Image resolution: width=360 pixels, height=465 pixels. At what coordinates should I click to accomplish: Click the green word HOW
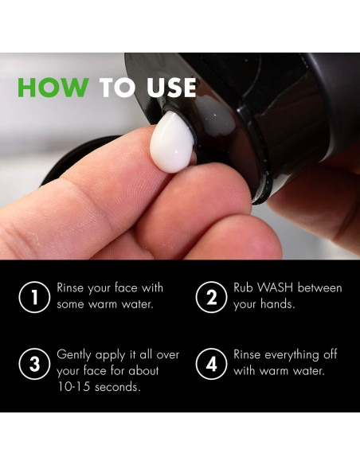tap(53, 88)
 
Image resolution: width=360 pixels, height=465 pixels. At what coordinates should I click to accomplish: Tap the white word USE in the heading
tap(171, 88)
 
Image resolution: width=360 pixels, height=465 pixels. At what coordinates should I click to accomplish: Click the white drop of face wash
tap(172, 142)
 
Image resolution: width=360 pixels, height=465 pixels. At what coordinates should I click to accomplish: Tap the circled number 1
tap(34, 297)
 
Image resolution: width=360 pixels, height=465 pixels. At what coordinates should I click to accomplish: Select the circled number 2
tap(211, 297)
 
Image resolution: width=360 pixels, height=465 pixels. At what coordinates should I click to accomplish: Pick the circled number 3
tap(34, 364)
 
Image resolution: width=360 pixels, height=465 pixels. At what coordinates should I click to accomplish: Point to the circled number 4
tap(211, 364)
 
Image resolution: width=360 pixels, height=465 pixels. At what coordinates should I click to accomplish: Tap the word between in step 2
tap(319, 287)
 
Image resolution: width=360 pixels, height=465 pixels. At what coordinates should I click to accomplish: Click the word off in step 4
tap(330, 354)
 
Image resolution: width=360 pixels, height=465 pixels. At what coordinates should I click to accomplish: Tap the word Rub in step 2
tap(243, 287)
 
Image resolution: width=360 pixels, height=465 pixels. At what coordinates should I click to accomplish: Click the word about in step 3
tap(143, 371)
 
